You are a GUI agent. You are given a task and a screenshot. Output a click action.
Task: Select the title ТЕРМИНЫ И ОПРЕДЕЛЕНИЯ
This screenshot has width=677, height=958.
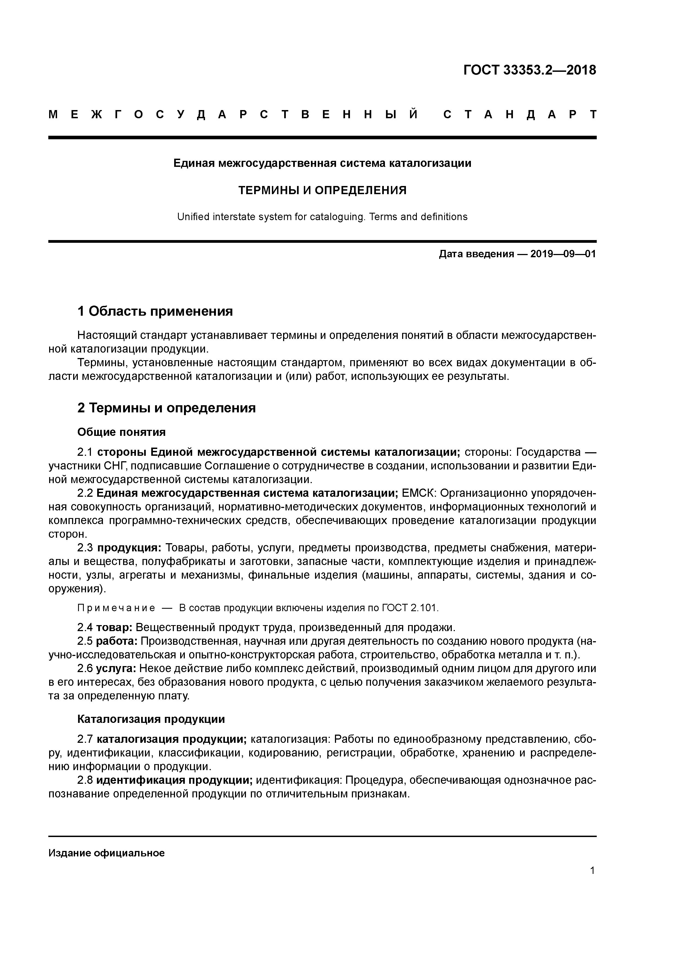coord(322,190)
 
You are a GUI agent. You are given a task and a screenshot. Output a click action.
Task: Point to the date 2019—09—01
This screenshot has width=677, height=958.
coord(563,254)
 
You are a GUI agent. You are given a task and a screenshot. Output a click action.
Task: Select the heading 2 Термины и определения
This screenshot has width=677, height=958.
coord(167,408)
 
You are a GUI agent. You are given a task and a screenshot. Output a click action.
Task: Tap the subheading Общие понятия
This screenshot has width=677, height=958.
coord(121,432)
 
